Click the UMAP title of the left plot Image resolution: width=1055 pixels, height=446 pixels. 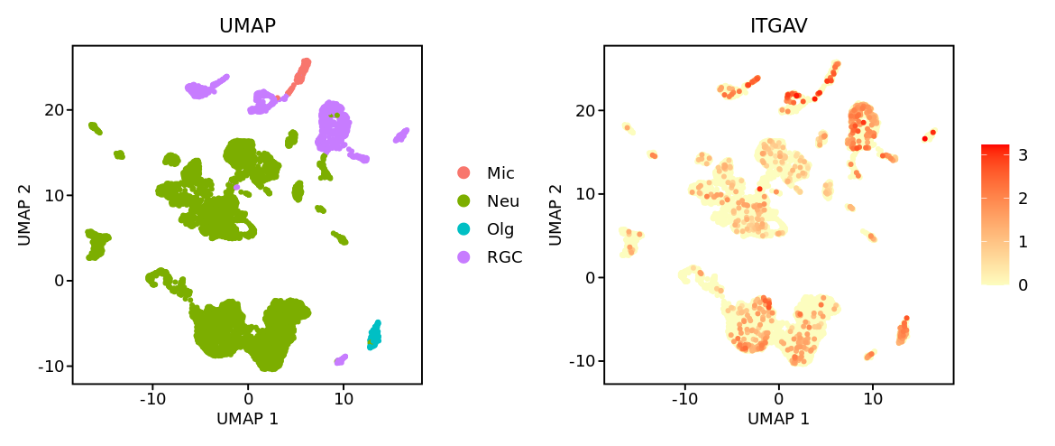click(x=247, y=27)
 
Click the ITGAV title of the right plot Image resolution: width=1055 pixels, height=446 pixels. click(x=778, y=27)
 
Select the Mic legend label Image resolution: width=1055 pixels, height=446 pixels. click(x=500, y=172)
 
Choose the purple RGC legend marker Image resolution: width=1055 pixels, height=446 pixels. click(x=463, y=256)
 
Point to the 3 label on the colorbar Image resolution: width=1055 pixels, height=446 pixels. click(x=1023, y=155)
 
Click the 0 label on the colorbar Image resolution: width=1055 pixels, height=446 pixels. click(x=1023, y=285)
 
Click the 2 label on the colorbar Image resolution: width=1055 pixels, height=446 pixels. click(x=1023, y=199)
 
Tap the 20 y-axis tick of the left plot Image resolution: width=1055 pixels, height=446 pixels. click(x=54, y=110)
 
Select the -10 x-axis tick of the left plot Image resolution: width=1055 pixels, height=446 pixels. click(x=152, y=398)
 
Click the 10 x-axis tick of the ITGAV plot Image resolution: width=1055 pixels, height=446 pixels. click(x=873, y=398)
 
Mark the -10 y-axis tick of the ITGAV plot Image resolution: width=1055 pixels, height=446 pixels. click(x=583, y=361)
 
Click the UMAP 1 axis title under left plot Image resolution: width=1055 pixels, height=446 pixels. click(x=247, y=419)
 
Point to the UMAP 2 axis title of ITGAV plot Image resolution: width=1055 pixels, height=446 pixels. click(x=555, y=216)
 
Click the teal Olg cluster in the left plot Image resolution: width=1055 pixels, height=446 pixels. click(x=374, y=335)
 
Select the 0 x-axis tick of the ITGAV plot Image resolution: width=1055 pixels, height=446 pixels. click(x=779, y=398)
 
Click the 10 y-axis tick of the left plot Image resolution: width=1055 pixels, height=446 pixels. click(x=54, y=195)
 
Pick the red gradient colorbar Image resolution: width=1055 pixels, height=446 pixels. click(x=995, y=215)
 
